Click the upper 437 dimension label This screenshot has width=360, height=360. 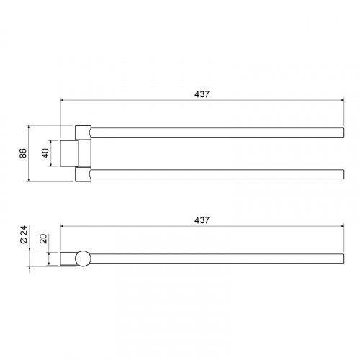202,94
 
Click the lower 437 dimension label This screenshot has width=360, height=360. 202,220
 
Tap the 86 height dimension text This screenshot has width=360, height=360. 23,153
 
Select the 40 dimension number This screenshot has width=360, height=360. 45,153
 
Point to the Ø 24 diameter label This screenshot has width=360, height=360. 24,235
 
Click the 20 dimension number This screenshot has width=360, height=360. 43,239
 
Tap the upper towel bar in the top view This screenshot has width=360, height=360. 217,132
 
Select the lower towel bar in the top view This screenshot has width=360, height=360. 217,174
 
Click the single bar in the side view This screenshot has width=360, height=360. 217,258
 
